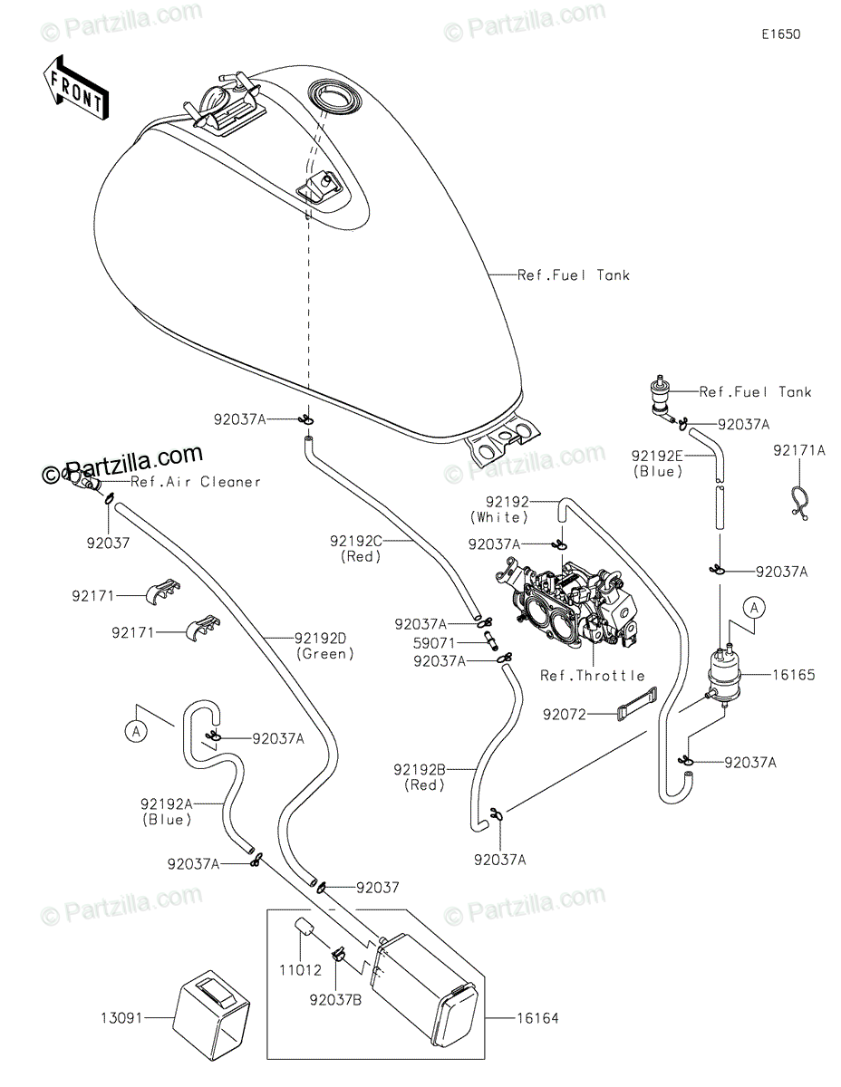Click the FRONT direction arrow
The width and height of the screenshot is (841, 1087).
coord(75,89)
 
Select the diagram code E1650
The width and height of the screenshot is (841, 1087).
coord(781,34)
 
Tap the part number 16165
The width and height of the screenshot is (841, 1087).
coord(794,675)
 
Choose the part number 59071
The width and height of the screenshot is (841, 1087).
coord(434,643)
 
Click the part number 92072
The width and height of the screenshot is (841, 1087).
coord(565,715)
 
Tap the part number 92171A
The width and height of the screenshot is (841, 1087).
coord(799,451)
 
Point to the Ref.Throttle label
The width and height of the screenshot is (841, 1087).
coord(593,676)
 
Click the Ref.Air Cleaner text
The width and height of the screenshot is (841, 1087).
coord(196,482)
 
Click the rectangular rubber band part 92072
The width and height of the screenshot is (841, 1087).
coord(637,705)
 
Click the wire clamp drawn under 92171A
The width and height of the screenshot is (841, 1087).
coord(799,502)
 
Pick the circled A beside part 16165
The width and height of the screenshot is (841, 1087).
coord(754,609)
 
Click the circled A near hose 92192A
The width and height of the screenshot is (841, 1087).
coord(136,732)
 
